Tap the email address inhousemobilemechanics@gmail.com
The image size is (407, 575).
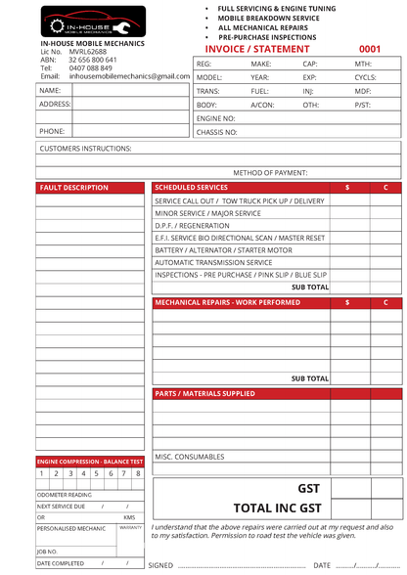129,75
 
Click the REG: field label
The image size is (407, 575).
204,63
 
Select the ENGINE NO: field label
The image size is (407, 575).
215,117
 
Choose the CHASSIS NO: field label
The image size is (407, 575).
216,131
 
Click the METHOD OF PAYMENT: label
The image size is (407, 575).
270,173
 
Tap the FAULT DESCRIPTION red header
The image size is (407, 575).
74,188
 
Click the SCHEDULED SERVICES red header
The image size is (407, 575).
192,187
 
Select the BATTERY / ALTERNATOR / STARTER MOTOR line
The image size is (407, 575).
223,250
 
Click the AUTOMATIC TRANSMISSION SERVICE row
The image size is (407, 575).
213,262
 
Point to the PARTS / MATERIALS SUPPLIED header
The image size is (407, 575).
205,394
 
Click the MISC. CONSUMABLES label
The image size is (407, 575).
191,457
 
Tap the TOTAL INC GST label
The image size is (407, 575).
277,509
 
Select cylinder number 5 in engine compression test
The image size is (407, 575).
97,473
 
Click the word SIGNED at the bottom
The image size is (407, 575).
160,565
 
